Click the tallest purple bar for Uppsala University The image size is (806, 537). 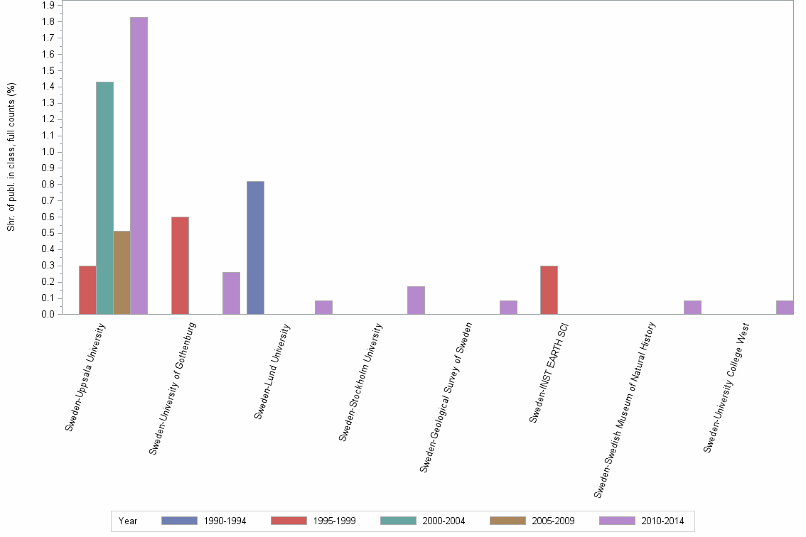pyautogui.click(x=139, y=166)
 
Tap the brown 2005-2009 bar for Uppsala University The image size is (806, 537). pyautogui.click(x=122, y=272)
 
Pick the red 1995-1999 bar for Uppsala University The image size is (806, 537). pyautogui.click(x=87, y=290)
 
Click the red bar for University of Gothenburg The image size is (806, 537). pyautogui.click(x=180, y=265)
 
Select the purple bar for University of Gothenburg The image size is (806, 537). pyautogui.click(x=231, y=293)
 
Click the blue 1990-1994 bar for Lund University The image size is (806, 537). pyautogui.click(x=255, y=247)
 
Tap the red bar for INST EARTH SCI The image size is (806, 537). pyautogui.click(x=549, y=290)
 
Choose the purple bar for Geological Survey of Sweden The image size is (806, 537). pyautogui.click(x=508, y=307)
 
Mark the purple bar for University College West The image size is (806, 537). pyautogui.click(x=785, y=307)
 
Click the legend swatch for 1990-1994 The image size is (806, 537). pyautogui.click(x=179, y=521)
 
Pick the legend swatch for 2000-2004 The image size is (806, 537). pyautogui.click(x=398, y=521)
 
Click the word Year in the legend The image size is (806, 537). pyautogui.click(x=129, y=521)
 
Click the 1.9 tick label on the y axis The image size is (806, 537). pyautogui.click(x=48, y=5)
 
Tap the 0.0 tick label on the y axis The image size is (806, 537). pyautogui.click(x=48, y=314)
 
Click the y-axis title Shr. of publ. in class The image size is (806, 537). pyautogui.click(x=11, y=156)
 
